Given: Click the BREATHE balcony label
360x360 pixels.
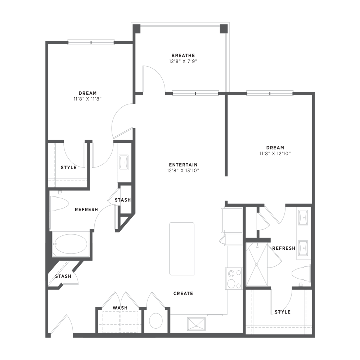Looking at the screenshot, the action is point(183,55).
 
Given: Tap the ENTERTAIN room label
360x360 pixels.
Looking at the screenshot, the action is point(183,165).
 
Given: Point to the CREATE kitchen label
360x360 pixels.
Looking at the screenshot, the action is point(183,293).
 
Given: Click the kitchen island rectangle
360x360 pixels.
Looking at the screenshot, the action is point(182,248).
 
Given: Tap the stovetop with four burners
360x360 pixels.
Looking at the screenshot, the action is point(234,279).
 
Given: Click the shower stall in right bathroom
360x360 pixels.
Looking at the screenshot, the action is point(257,265).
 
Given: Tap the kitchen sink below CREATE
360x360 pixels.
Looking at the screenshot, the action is point(197,323).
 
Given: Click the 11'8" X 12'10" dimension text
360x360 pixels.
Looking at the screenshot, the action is point(275,153).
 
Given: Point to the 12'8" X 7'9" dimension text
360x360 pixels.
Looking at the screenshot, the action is point(183,61).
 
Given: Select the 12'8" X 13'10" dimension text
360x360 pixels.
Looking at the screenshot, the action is point(183,171).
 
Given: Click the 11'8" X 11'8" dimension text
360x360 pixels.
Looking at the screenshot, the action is point(87,99).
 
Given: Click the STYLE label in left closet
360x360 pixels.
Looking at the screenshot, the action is point(68,167).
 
